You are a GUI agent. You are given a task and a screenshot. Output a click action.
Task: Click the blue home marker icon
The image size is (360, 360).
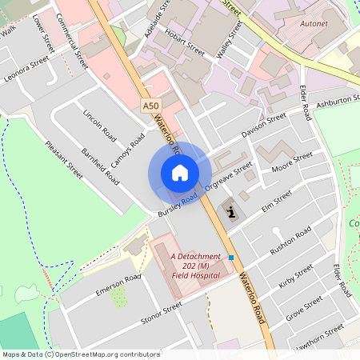click(x=180, y=172)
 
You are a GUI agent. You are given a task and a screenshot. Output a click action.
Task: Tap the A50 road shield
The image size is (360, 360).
click(x=150, y=105)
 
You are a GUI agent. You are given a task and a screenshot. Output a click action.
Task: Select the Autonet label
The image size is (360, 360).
click(x=313, y=25)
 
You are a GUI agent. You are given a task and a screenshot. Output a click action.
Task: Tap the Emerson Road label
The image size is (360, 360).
click(x=118, y=285)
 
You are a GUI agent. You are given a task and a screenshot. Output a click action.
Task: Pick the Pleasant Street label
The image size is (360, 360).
click(x=65, y=160)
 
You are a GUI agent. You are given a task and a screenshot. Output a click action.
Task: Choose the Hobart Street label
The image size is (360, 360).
click(x=185, y=40)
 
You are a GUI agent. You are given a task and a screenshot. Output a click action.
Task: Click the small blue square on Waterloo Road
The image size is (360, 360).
click(x=231, y=258)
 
